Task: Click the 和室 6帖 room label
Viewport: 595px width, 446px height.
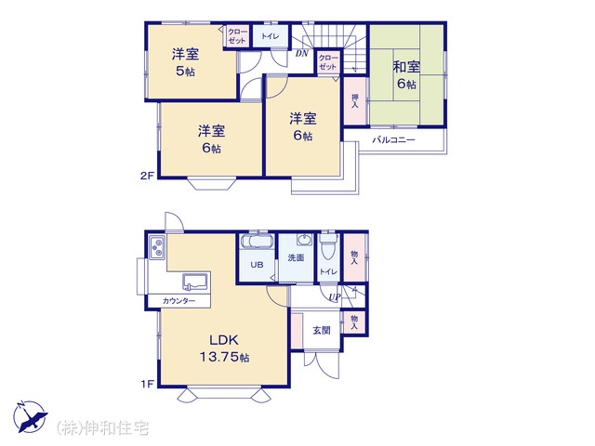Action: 406,75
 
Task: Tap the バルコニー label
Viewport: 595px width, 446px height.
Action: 394,140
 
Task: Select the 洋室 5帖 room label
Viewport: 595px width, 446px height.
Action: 185,62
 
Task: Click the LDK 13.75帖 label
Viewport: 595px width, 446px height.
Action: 224,348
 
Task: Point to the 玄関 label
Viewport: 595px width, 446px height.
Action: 322,331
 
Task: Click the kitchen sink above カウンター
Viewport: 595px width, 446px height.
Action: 195,282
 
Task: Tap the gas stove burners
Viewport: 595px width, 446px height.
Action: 157,248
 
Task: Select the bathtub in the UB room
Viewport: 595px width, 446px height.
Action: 257,242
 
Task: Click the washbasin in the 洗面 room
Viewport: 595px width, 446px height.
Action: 304,240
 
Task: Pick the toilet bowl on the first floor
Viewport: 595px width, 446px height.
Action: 328,247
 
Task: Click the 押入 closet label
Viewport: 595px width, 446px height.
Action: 355,100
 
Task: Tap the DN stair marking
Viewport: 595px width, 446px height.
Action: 302,54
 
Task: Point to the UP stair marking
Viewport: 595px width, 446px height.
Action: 335,296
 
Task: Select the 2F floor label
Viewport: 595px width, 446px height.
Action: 147,176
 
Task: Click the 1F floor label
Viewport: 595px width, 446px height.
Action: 147,384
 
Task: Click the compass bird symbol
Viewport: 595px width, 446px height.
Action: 30,417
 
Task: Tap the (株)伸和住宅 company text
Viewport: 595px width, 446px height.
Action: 102,428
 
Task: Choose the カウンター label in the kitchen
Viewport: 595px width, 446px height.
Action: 178,301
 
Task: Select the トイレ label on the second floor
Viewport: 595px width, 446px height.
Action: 270,36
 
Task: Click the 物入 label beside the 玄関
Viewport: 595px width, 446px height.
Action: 354,322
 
